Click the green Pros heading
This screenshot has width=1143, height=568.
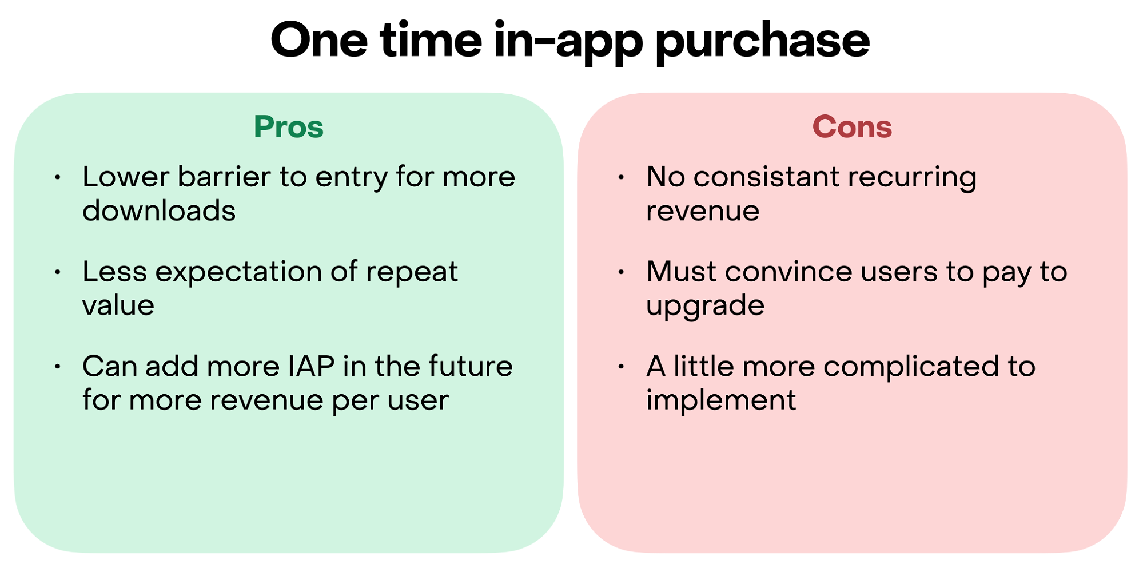(x=289, y=126)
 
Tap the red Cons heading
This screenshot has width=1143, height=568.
(x=852, y=126)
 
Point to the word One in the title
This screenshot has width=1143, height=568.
(x=319, y=40)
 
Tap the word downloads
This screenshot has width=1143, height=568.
(x=159, y=210)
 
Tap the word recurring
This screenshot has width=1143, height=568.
(x=912, y=178)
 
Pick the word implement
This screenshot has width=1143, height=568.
(x=720, y=400)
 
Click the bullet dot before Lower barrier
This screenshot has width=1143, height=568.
(x=57, y=177)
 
